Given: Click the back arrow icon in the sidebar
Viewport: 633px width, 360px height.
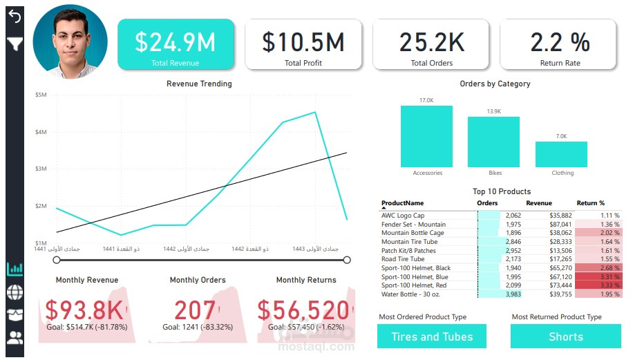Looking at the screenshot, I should pos(15,17).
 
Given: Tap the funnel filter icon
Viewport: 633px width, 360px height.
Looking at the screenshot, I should pos(15,45).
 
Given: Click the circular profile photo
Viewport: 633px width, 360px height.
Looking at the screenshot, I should pos(70,43).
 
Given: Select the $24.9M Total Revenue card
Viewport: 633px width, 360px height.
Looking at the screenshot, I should pos(176,44).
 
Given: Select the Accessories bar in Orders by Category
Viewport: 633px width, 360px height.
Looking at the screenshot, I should pos(426,136).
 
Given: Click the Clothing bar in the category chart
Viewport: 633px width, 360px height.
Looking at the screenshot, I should pos(561,154).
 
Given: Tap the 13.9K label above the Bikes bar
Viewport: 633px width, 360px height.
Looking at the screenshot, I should pos(493,111).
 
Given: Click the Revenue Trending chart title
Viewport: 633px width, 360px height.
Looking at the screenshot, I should pos(199,84).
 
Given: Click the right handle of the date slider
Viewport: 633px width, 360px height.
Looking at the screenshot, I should pos(347,260).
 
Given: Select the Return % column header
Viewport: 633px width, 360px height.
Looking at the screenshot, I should pos(590,204).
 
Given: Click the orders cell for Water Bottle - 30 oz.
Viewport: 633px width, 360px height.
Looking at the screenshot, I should pos(500,294).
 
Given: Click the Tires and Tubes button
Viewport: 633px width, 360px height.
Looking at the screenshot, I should pos(432,337).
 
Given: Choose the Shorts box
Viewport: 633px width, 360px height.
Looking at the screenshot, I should pos(565,337).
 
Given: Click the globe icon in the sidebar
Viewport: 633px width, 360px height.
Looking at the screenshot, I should pos(15,292).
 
